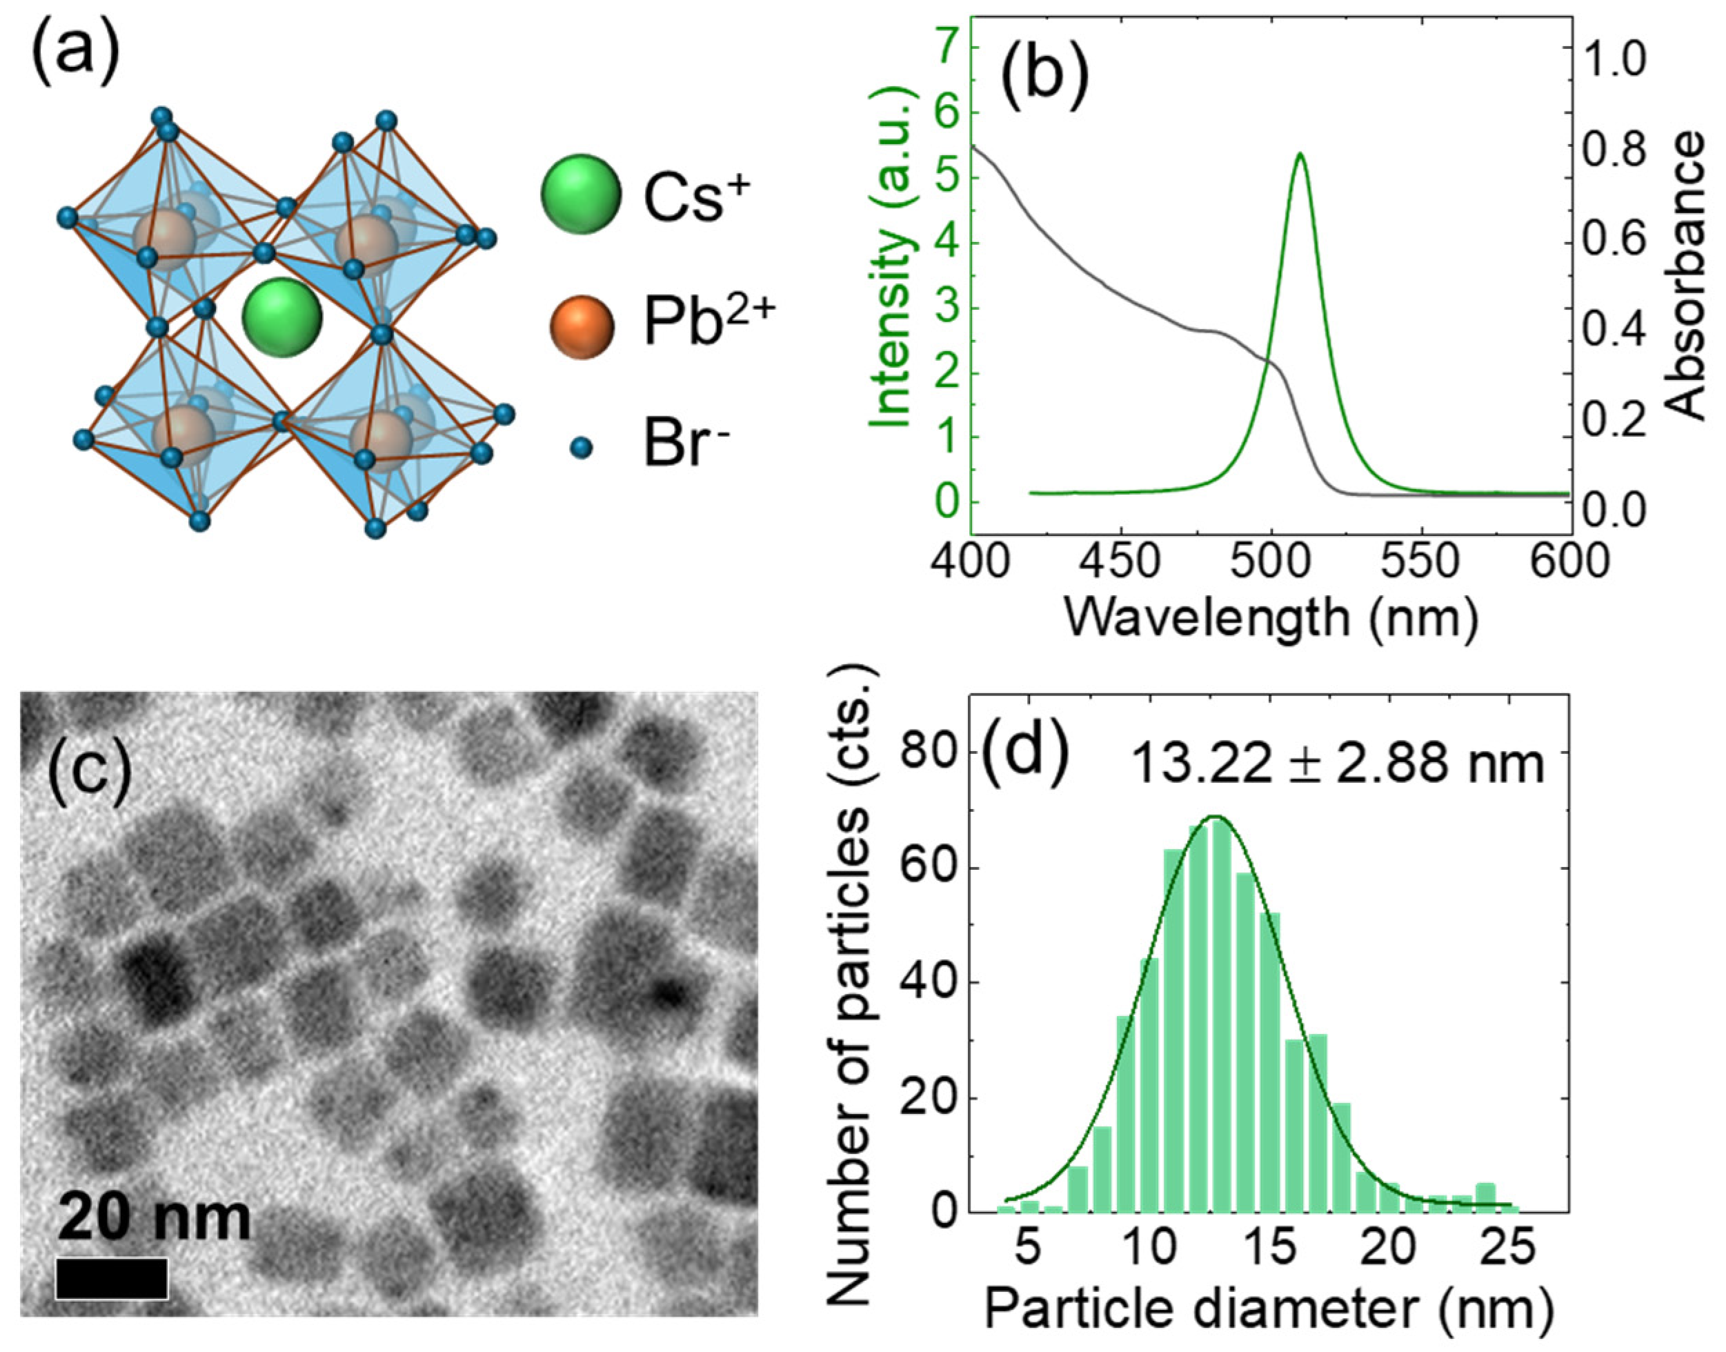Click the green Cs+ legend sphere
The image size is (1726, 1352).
[580, 195]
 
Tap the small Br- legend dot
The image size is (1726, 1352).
[582, 449]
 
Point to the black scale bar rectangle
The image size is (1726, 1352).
[112, 1278]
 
